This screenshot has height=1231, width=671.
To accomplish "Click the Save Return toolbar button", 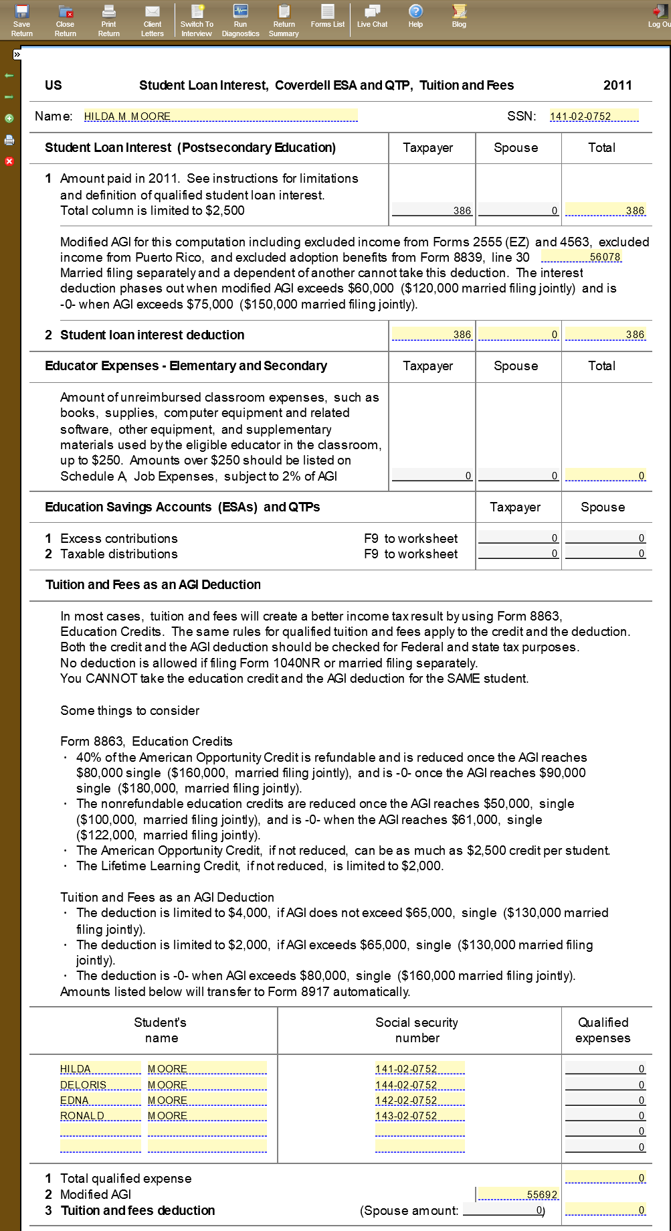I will pyautogui.click(x=22, y=19).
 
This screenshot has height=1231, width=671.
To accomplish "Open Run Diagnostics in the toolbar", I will pyautogui.click(x=240, y=19).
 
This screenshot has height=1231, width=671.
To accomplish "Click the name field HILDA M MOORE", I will pyautogui.click(x=220, y=116).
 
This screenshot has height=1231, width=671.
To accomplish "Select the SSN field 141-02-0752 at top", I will pyautogui.click(x=593, y=116).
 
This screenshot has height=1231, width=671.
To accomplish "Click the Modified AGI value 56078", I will pyautogui.click(x=581, y=257).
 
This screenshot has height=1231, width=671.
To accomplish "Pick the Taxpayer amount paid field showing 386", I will pyautogui.click(x=432, y=210).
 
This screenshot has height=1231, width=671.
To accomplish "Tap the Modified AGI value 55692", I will pyautogui.click(x=518, y=1194).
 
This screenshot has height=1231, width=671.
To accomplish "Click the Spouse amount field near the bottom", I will pyautogui.click(x=503, y=1210).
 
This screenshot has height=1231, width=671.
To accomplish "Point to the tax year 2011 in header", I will pyautogui.click(x=617, y=85).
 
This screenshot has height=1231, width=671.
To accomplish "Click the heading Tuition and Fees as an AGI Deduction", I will pyautogui.click(x=153, y=584).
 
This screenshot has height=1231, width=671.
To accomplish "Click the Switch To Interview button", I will pyautogui.click(x=197, y=19).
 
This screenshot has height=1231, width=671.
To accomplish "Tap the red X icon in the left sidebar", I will pyautogui.click(x=9, y=161).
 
